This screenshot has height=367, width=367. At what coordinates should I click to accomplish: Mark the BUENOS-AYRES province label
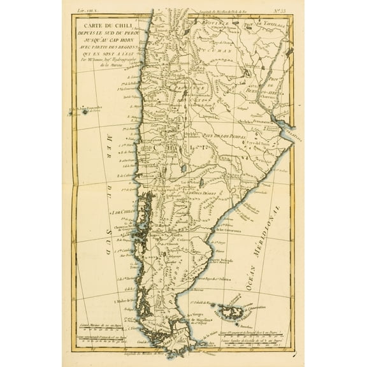tap(264, 89)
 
